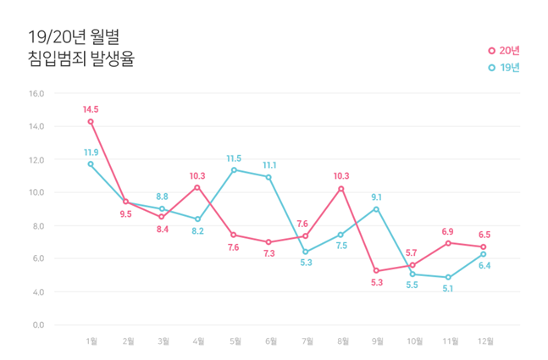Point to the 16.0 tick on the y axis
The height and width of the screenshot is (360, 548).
tap(36, 93)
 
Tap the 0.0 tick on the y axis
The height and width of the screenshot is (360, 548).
tap(38, 324)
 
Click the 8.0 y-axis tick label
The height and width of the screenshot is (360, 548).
tap(38, 225)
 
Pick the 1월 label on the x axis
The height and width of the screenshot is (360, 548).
tap(91, 341)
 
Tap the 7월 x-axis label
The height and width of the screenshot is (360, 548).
tap(306, 341)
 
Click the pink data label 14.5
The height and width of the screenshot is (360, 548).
tap(91, 109)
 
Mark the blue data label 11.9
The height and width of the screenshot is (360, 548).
tap(91, 152)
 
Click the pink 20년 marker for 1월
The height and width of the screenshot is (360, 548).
tap(91, 121)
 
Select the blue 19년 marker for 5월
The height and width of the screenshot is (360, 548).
tap(234, 169)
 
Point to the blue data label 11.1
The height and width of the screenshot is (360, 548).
tap(270, 165)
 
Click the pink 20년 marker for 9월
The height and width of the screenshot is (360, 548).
tap(377, 271)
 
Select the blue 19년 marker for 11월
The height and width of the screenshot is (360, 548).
tap(448, 277)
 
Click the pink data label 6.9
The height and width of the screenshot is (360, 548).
tap(448, 231)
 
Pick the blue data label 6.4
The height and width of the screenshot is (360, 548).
tap(484, 266)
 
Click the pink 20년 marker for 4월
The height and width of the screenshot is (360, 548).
tap(197, 187)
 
